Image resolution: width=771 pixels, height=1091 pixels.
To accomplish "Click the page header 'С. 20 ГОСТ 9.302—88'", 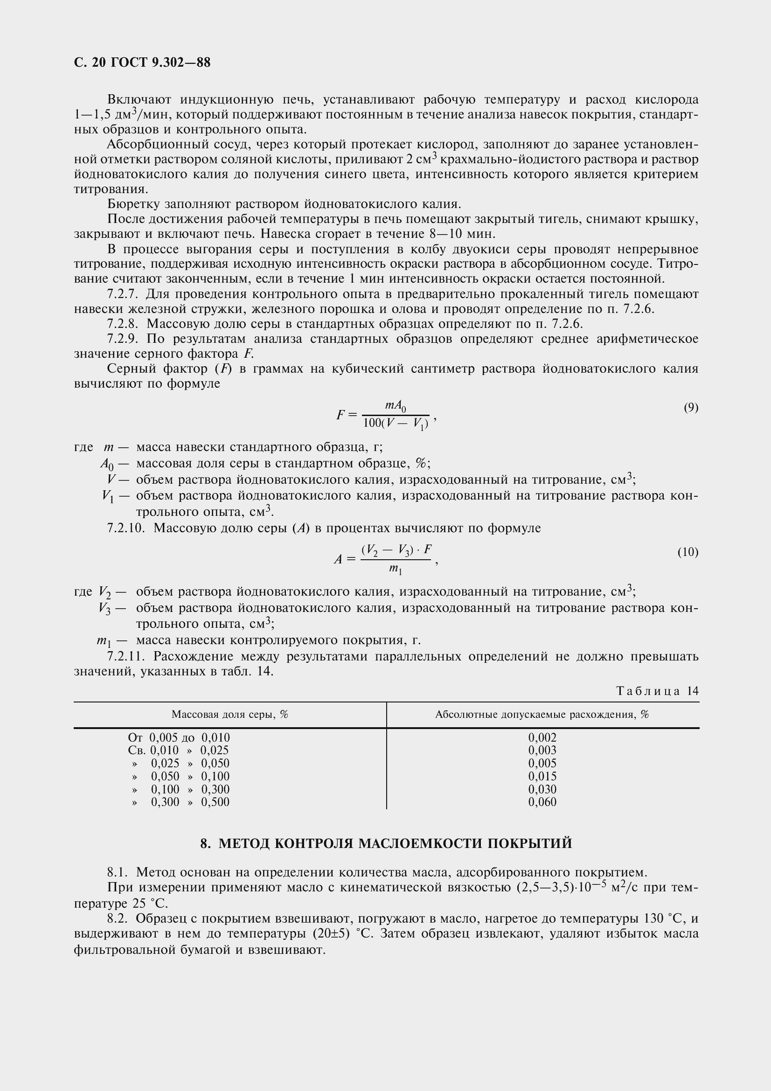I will tap(142, 62).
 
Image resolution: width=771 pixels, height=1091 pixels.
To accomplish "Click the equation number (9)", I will tap(691, 407).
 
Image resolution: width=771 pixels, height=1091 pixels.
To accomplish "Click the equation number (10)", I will tap(688, 552).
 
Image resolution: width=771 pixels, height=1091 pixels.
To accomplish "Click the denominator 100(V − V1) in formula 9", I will tap(395, 424).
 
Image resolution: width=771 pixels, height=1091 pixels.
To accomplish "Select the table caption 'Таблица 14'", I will tap(658, 690).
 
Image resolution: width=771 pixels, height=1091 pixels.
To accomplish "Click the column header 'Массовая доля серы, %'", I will tap(230, 715).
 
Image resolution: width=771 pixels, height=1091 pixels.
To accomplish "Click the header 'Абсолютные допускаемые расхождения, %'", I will tap(542, 715).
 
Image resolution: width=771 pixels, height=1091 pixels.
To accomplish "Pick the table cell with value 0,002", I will tap(542, 737).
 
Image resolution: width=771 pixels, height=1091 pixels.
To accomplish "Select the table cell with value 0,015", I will tap(542, 776).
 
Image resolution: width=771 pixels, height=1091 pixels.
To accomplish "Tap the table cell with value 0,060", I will tap(542, 802).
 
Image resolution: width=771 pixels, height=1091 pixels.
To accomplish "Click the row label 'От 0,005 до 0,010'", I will tap(179, 737).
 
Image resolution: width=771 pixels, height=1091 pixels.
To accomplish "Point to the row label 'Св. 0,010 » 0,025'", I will tap(178, 750).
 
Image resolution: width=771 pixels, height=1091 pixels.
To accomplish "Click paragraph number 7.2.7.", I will tap(123, 294).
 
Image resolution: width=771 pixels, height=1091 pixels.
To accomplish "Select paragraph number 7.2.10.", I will tap(126, 528).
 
